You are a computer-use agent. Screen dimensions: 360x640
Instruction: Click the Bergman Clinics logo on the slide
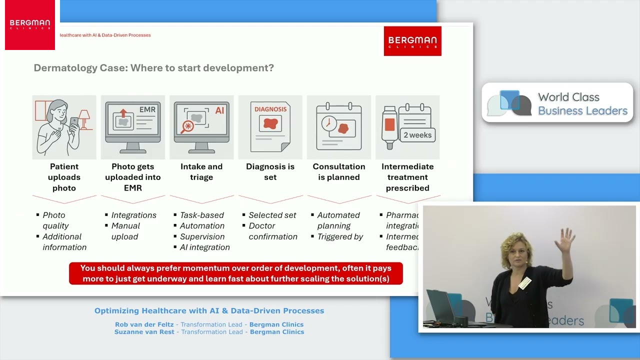coord(412,41)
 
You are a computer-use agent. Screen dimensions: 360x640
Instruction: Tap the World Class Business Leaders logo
coord(557,103)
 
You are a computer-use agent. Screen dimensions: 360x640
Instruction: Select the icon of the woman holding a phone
coord(64,127)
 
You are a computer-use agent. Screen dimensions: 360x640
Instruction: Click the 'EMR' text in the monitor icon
coord(147,109)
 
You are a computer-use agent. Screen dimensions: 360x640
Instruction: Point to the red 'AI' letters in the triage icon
coord(219,110)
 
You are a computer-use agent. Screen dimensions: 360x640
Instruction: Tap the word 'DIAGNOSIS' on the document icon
coord(270,109)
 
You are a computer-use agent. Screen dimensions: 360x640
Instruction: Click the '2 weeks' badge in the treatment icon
coord(417,135)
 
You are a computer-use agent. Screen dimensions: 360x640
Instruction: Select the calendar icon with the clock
coord(339,127)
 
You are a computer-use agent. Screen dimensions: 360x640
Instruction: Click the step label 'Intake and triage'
coord(201,172)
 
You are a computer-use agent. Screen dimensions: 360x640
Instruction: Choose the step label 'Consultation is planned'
coord(339,172)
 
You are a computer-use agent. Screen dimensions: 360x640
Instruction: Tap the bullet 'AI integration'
coord(204,247)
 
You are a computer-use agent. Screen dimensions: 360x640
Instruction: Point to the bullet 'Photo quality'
coord(55,220)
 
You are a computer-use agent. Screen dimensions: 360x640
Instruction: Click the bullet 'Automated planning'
coord(338,220)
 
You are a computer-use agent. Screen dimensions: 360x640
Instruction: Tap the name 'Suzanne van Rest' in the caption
coord(144,332)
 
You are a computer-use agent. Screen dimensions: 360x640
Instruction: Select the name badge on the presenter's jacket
coord(524,283)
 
